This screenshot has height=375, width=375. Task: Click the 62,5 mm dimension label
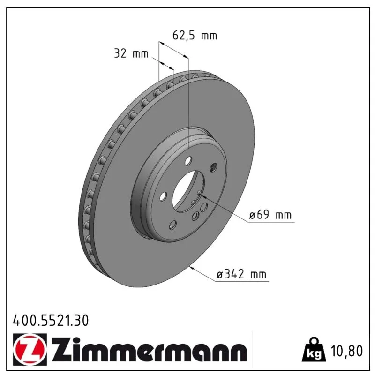pos(195,36)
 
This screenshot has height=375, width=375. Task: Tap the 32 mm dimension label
pos(131,53)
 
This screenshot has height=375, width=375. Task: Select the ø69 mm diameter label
pos(270,215)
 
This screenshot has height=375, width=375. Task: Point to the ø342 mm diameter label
pos(241,274)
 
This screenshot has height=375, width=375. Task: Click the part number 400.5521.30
pos(51,321)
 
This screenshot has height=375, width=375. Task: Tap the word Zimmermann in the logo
pos(150,349)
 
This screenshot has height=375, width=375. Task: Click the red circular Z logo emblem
pos(30,349)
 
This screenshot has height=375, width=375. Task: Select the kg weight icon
pos(314,350)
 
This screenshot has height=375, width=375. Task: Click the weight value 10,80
pos(347,351)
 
